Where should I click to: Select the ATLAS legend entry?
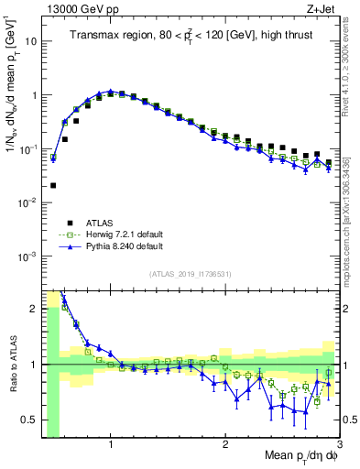[x=98, y=223]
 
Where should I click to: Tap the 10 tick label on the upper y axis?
[x=31, y=41]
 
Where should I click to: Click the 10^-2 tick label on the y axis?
[x=27, y=202]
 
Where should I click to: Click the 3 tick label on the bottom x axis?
[x=338, y=443]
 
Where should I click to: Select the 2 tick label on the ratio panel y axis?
[x=33, y=309]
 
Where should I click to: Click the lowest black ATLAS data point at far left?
[x=53, y=185]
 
